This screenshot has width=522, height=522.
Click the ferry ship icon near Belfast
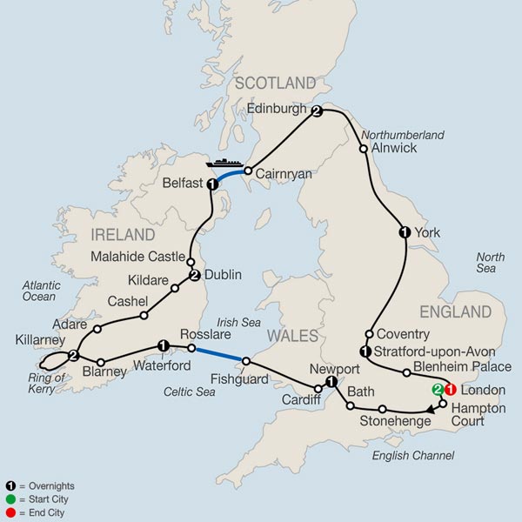(x=224, y=163)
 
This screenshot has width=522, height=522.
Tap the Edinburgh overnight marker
(x=317, y=111)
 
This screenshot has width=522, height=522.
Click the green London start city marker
(x=437, y=391)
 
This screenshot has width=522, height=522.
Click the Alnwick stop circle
(x=363, y=149)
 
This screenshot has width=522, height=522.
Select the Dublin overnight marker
(x=195, y=276)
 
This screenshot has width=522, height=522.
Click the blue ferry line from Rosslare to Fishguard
(x=218, y=354)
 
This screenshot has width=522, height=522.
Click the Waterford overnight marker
(x=162, y=345)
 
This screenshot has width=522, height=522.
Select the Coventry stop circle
(x=369, y=334)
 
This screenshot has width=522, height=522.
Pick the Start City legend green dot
(x=10, y=499)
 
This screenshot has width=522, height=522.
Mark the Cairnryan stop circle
(x=248, y=171)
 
